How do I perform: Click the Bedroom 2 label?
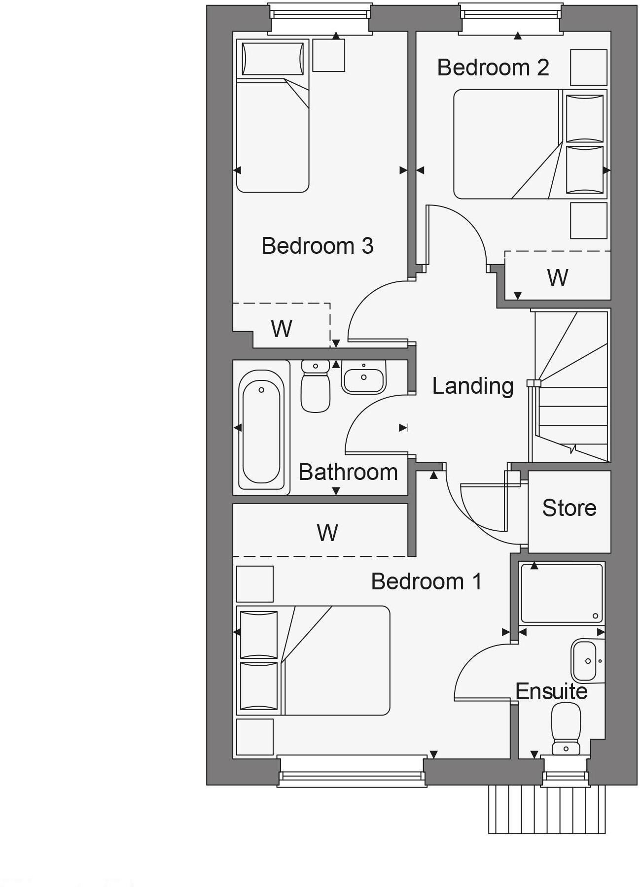(493, 68)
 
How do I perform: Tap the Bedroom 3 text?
(317, 246)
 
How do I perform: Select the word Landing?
(472, 386)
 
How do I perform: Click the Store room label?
(569, 508)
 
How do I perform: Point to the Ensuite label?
(551, 692)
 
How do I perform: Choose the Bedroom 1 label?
(426, 581)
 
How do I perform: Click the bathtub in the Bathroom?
(261, 427)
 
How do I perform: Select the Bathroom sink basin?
(363, 378)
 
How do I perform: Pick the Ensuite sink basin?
(586, 661)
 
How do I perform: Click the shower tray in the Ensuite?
(562, 594)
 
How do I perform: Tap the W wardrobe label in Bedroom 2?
(557, 277)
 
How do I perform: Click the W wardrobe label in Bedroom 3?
(281, 329)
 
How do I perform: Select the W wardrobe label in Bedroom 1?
(327, 533)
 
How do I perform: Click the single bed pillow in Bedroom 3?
(273, 59)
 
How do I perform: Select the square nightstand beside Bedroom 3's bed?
(328, 55)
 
